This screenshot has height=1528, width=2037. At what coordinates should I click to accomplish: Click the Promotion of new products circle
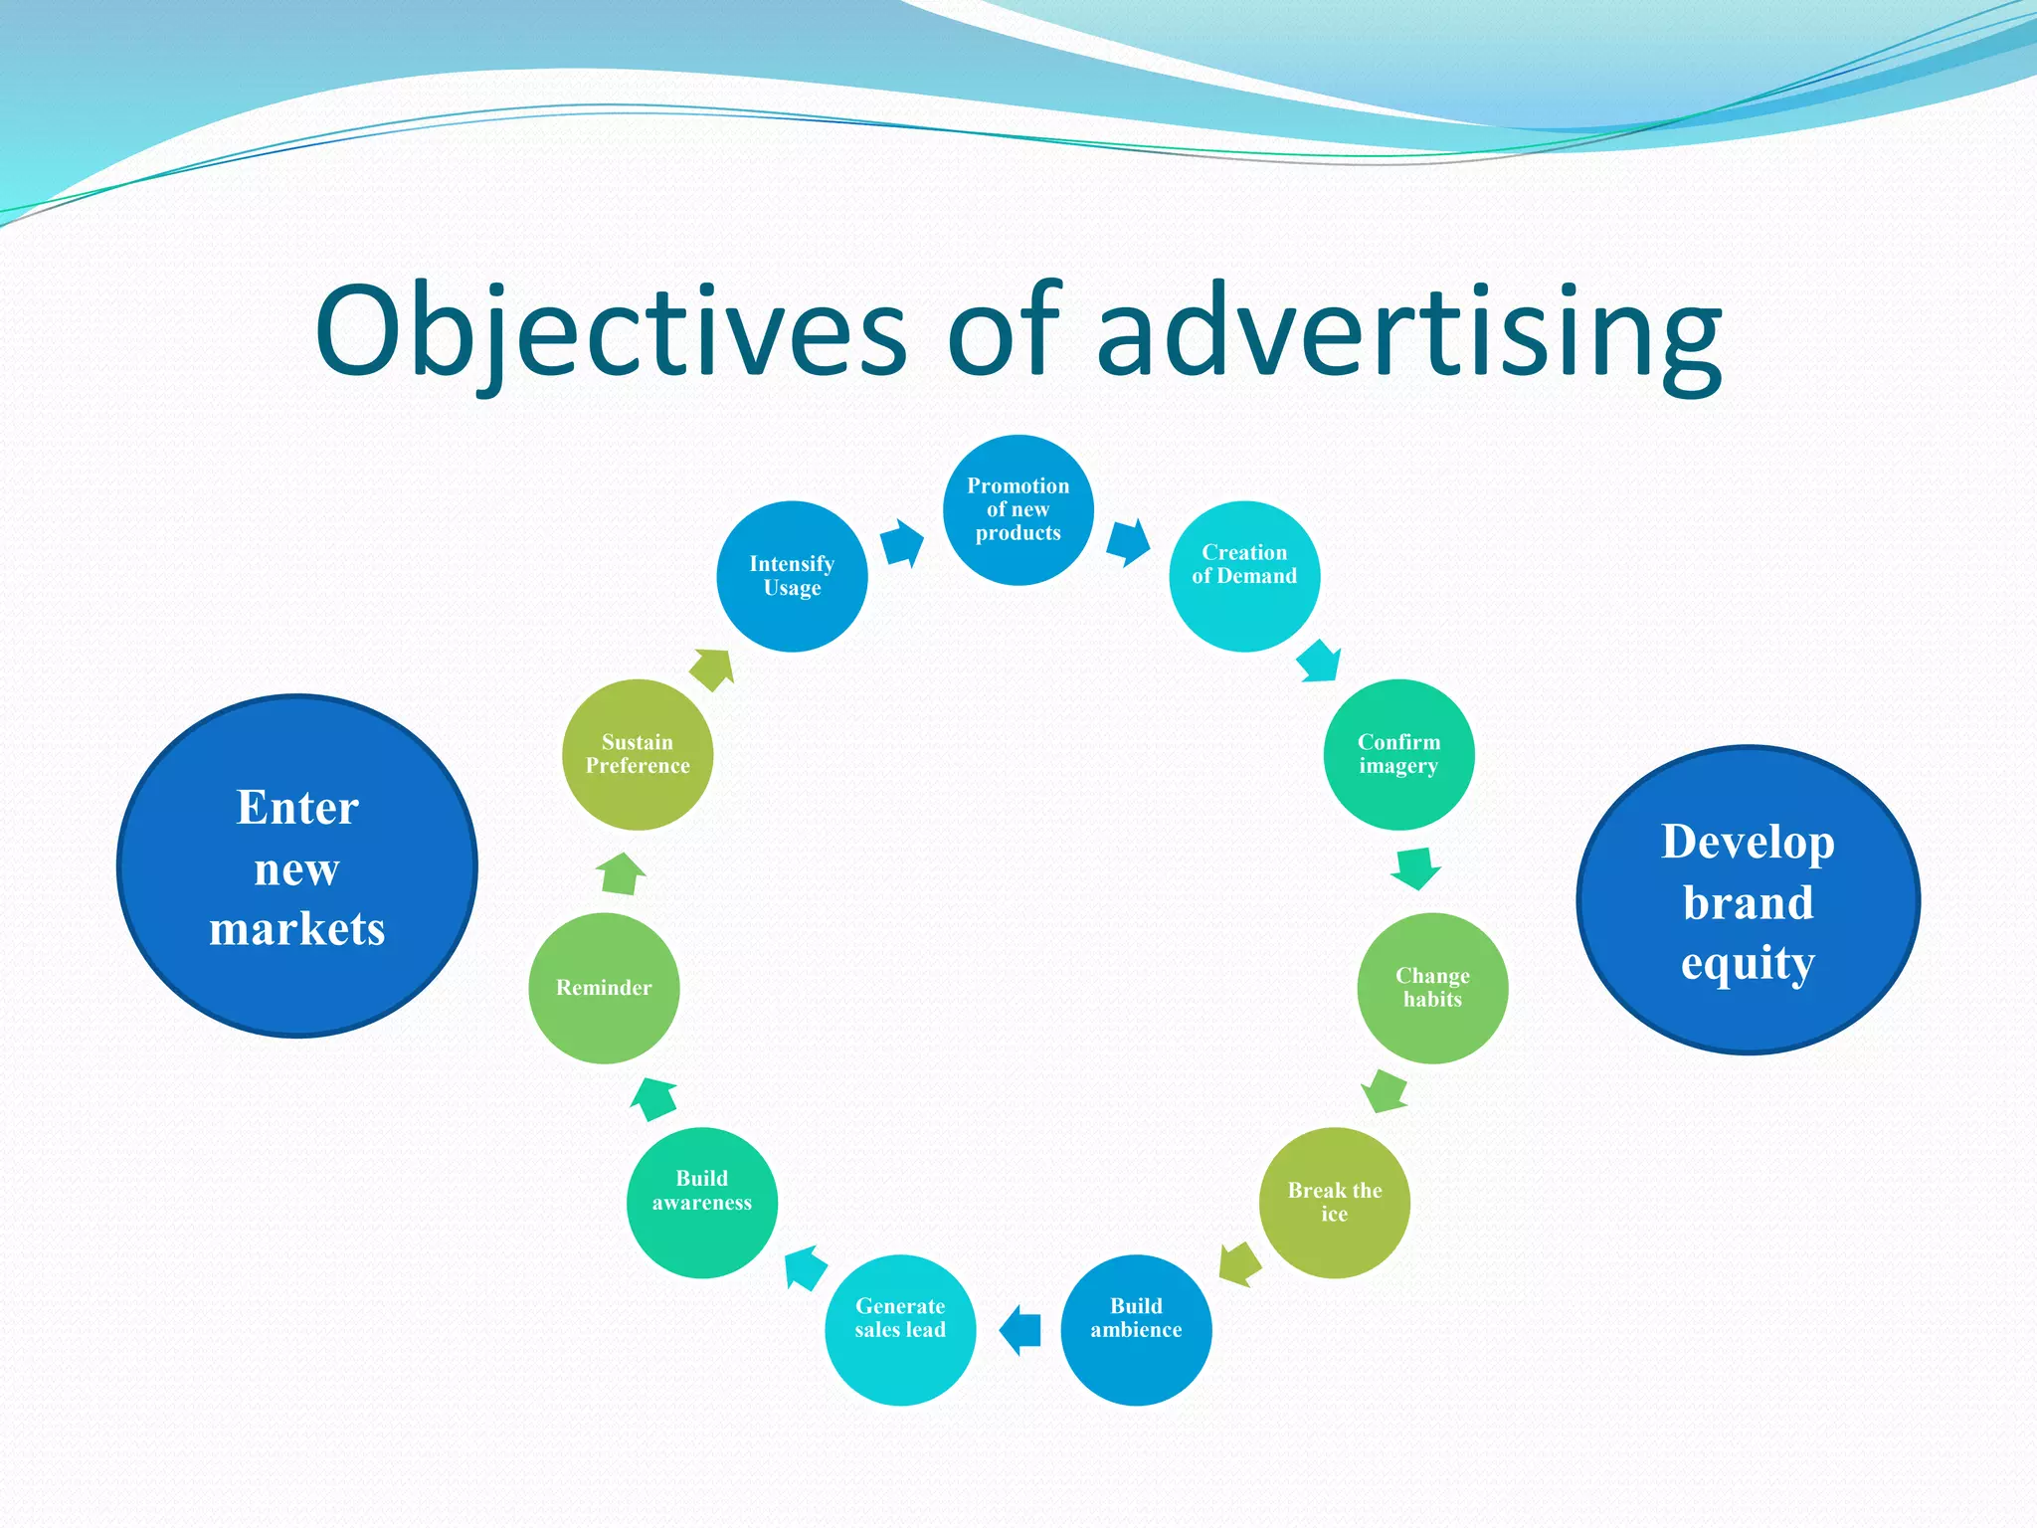click(1018, 509)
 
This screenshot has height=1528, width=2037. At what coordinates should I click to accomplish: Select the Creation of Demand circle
click(1243, 576)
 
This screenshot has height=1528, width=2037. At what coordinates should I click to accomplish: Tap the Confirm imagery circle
click(1398, 754)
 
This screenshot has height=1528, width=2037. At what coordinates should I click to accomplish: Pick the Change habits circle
click(1432, 988)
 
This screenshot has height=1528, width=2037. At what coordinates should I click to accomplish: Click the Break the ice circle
click(1334, 1202)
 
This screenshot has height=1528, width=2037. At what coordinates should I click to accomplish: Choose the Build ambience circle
click(1136, 1329)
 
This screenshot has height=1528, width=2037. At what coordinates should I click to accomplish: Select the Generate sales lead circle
click(900, 1329)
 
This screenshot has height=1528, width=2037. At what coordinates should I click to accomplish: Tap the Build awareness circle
click(702, 1202)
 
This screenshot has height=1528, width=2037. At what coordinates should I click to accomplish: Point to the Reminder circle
click(604, 988)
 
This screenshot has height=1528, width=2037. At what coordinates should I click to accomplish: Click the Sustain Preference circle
click(638, 754)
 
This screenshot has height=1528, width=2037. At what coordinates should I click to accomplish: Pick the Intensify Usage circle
click(792, 576)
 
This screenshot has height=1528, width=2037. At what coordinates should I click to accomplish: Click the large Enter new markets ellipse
click(296, 865)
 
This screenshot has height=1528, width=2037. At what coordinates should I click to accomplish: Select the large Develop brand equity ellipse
click(1748, 899)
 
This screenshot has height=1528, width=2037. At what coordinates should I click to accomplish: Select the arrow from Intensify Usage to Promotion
click(902, 543)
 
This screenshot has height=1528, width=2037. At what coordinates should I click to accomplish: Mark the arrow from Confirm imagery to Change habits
click(1415, 867)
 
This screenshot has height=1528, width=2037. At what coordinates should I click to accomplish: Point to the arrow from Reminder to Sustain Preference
click(621, 873)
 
